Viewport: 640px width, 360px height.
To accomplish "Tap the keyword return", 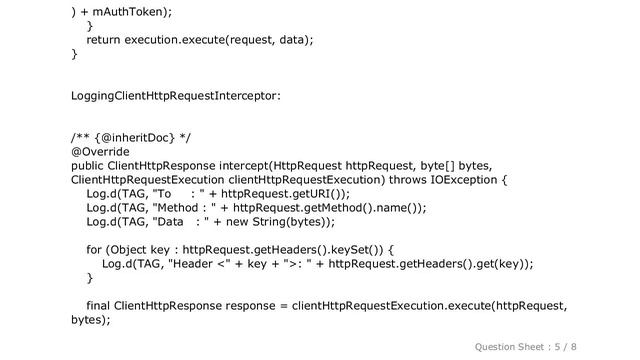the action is (x=108, y=38).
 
